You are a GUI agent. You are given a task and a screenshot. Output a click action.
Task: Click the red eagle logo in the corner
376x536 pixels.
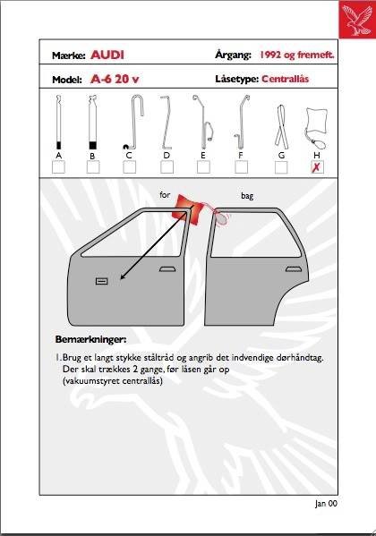[x=357, y=19]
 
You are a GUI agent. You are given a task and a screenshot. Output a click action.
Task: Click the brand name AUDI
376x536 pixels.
[x=107, y=55]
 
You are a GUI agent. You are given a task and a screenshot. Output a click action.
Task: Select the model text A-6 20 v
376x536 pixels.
[x=115, y=80]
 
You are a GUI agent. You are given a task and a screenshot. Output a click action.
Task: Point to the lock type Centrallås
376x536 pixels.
[x=286, y=79]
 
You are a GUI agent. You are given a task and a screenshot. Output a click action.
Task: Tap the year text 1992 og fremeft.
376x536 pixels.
[x=297, y=55]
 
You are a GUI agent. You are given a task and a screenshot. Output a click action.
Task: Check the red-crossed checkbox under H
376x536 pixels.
[x=318, y=167]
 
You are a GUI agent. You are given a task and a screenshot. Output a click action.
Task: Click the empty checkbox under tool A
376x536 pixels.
[x=58, y=167]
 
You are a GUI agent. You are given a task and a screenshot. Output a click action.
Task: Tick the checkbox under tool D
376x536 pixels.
[x=167, y=167]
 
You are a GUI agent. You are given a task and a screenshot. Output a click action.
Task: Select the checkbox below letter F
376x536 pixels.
[x=241, y=167]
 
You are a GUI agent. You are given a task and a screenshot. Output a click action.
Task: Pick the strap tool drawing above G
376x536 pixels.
[x=281, y=126]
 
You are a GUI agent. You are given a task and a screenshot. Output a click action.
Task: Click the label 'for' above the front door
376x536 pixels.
[x=165, y=195]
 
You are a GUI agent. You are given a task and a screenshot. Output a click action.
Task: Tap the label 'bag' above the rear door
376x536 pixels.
[x=247, y=196]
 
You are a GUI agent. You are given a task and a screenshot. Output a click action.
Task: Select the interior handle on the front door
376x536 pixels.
[x=102, y=281]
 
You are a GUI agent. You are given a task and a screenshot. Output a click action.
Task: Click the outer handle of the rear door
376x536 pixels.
[x=294, y=269]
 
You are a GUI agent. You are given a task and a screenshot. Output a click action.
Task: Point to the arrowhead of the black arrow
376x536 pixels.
[x=123, y=277]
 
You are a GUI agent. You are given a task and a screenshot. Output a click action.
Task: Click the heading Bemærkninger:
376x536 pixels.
[x=90, y=340]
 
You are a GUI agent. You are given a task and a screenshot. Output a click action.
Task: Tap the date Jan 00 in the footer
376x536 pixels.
[x=326, y=503]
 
